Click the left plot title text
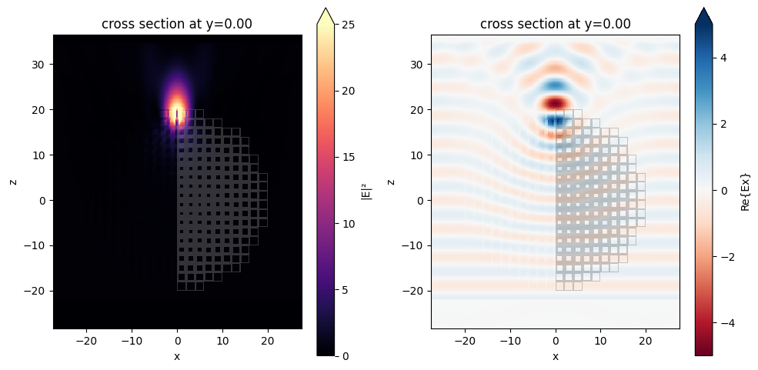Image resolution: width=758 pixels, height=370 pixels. pos(177,24)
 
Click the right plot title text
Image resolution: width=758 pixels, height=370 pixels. pos(556,24)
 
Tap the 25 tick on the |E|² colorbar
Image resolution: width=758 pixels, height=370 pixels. pos(348,25)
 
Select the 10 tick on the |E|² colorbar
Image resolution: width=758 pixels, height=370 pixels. pos(348,224)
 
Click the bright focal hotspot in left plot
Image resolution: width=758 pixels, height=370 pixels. pos(178,108)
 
